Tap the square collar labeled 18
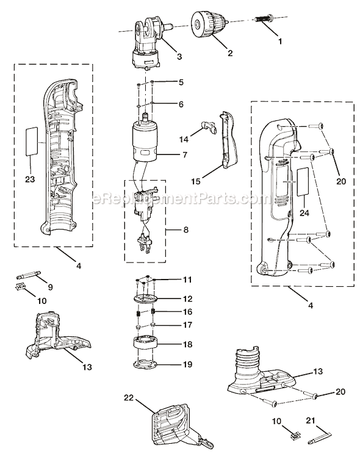pos(146,344)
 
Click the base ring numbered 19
pos(146,365)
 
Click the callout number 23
pos(29,179)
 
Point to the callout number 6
pos(181,104)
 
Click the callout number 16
pos(187,311)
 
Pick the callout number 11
pos(188,280)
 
